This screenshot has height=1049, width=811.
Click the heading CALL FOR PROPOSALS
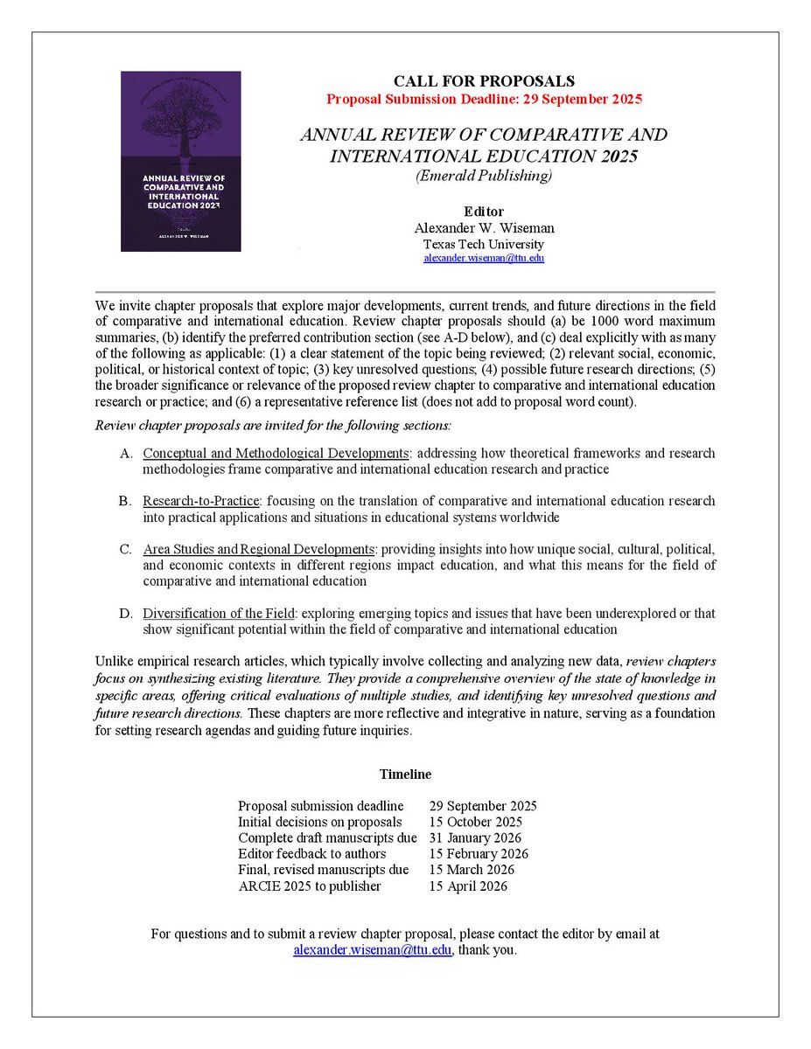tap(484, 81)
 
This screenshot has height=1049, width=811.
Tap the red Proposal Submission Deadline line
tap(484, 99)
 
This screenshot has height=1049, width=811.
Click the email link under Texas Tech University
tap(484, 259)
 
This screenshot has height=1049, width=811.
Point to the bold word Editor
tap(484, 212)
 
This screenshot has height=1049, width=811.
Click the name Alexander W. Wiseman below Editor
tap(484, 228)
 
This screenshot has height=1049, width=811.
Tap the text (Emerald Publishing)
tap(484, 175)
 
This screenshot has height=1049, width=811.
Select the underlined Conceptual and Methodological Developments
tap(276, 454)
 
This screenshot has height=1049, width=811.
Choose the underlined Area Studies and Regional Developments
tap(258, 549)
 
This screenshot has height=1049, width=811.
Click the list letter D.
tap(126, 613)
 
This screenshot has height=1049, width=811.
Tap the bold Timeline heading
tap(405, 775)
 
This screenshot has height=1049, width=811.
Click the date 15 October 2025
tap(476, 822)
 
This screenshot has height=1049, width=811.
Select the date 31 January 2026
tap(476, 837)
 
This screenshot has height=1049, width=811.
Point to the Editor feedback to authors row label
tap(311, 853)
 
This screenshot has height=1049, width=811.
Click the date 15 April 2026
tap(468, 886)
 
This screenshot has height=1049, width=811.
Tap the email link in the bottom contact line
tap(372, 950)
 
